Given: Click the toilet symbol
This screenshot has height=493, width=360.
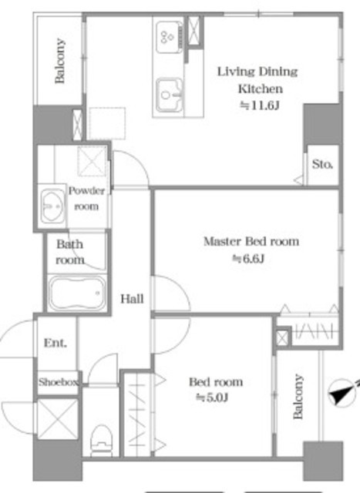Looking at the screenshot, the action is [x=101, y=440].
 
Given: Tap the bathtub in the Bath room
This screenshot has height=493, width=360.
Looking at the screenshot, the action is [x=77, y=293].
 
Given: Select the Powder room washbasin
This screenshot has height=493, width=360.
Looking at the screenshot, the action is [x=52, y=206].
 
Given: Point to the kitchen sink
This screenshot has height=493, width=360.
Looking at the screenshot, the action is [x=170, y=95].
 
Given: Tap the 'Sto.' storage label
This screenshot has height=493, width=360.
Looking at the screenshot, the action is [x=322, y=164].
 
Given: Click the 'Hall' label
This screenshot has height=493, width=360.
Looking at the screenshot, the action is [x=132, y=298].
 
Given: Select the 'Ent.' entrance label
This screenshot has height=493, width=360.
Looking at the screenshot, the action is [x=56, y=342].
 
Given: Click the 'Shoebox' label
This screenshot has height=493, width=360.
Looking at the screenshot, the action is [x=59, y=382].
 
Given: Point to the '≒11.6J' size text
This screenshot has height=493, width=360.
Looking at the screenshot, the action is [x=260, y=106].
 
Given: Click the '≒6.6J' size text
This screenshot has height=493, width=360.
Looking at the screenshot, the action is [x=248, y=259].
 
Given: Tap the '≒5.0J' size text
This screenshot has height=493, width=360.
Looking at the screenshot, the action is [x=212, y=397].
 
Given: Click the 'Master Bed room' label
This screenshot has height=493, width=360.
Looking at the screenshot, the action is [x=251, y=241].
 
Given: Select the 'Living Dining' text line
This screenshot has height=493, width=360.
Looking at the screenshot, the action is [x=257, y=72].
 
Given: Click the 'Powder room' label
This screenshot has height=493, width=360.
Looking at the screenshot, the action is [x=86, y=199].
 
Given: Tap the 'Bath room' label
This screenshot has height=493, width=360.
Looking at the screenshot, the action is [x=70, y=252].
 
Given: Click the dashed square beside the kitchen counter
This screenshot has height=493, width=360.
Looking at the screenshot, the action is [x=107, y=123].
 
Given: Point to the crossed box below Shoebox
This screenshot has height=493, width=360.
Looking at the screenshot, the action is [x=58, y=419].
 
